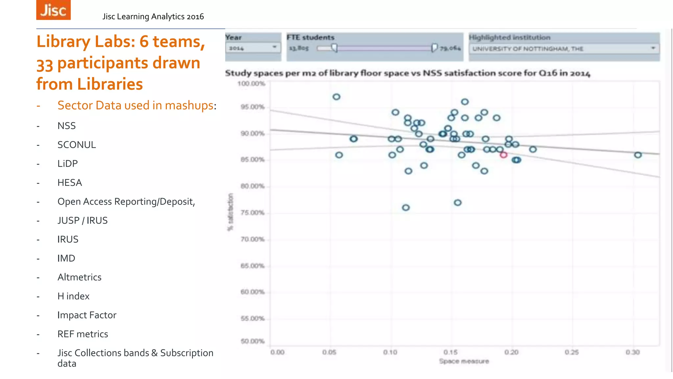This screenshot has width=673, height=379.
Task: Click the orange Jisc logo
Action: (x=53, y=10)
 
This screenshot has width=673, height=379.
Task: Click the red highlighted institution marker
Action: (x=503, y=155)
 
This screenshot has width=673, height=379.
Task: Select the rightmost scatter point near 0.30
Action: (x=638, y=155)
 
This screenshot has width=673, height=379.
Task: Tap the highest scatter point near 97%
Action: (x=336, y=97)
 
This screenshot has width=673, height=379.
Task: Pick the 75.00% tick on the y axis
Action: (x=252, y=213)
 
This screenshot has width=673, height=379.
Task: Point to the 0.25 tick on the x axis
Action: (x=571, y=352)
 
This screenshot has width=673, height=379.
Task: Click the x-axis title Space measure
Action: (x=464, y=361)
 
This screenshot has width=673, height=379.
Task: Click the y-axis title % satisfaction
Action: (x=230, y=212)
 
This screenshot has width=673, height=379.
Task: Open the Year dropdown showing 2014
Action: (x=253, y=48)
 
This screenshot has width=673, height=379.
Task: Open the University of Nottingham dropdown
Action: (x=564, y=49)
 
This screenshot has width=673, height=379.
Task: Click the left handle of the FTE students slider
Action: (x=335, y=48)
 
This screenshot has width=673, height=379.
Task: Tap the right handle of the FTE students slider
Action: (x=434, y=48)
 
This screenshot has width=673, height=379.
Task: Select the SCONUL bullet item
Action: (x=77, y=145)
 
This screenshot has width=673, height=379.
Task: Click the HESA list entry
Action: (x=70, y=183)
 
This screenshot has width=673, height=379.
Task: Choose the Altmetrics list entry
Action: (x=79, y=277)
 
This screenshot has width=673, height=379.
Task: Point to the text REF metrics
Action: (x=82, y=334)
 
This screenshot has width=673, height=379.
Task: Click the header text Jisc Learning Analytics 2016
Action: (x=153, y=16)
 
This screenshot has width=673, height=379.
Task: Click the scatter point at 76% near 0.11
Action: (x=406, y=208)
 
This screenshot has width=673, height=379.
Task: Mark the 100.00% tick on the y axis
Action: (x=251, y=84)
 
